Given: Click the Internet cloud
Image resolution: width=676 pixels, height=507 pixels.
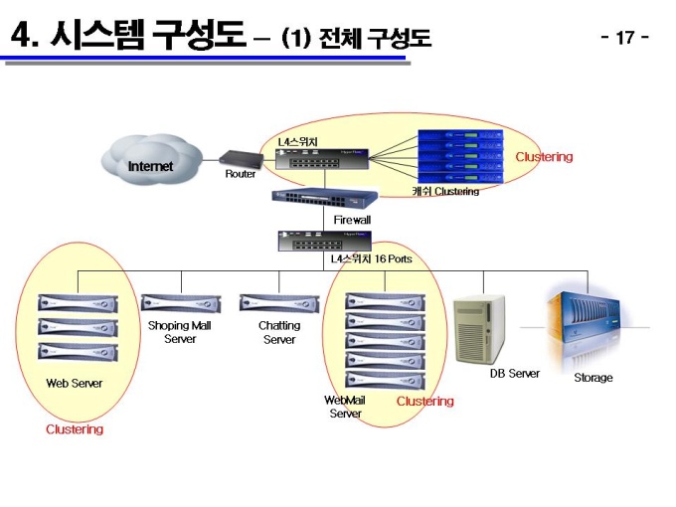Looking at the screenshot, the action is (x=152, y=159).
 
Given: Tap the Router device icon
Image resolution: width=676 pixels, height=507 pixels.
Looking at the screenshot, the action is (x=241, y=159).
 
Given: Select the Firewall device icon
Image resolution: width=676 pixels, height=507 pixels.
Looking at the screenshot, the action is (x=325, y=197).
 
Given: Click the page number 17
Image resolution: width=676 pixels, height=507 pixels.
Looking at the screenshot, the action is (x=625, y=38).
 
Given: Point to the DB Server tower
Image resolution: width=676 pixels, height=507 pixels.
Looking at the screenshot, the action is (x=480, y=329).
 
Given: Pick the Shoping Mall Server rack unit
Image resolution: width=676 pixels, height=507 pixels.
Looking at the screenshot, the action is (x=181, y=303).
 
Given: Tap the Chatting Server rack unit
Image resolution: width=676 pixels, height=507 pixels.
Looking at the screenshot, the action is (x=279, y=303).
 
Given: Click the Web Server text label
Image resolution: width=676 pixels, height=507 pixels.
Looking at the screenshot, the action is (x=75, y=384).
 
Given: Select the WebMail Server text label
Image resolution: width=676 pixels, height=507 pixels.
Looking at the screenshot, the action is (x=345, y=407).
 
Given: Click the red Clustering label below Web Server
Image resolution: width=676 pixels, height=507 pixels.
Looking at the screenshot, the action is (x=75, y=429).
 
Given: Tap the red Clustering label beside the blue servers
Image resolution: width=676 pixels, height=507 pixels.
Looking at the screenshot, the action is (x=544, y=157).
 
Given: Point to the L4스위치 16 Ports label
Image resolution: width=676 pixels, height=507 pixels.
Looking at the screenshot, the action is (x=371, y=258).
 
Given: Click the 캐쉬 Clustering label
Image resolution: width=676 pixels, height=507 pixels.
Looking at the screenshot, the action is (x=445, y=191).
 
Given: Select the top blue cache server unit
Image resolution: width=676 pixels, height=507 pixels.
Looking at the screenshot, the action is (x=460, y=135).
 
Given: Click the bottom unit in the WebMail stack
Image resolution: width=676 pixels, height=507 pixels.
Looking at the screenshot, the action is (x=386, y=380).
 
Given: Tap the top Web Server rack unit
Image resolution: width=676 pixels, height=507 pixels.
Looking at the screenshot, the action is (x=78, y=303).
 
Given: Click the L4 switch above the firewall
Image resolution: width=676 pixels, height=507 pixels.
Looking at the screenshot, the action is (x=322, y=159).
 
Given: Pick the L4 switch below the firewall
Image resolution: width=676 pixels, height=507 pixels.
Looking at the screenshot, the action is (x=324, y=241).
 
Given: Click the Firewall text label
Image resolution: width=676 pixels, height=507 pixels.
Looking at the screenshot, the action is (x=352, y=220).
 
